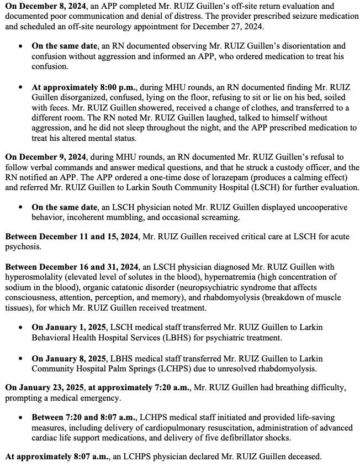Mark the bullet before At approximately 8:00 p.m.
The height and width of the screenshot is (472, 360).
click(x=20, y=87)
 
